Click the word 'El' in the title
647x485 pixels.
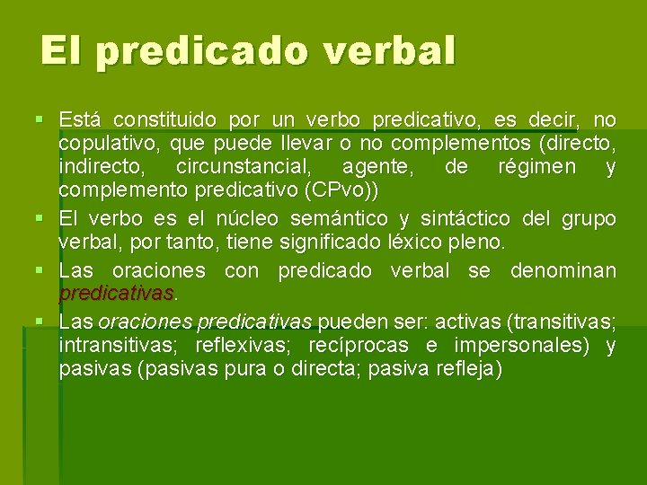click(59, 51)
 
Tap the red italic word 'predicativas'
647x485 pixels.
click(116, 294)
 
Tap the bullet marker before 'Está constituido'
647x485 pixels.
click(36, 120)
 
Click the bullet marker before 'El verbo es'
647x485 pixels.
click(36, 218)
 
